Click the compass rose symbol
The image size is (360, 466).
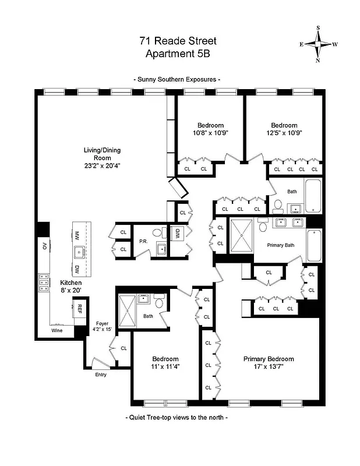click(319, 44)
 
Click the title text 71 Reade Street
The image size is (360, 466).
click(177, 41)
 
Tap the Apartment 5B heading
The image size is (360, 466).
click(177, 54)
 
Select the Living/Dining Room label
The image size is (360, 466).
click(102, 150)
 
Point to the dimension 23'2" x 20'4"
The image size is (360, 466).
click(102, 165)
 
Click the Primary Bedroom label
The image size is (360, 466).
click(269, 359)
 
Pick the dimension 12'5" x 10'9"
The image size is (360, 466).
click(284, 133)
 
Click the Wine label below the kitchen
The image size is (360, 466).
click(57, 330)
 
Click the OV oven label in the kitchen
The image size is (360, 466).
click(43, 246)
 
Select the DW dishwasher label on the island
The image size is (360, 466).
click(77, 269)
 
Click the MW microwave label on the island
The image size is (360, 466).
click(77, 235)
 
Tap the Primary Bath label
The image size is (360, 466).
click(281, 245)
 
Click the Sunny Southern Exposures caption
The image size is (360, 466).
click(177, 79)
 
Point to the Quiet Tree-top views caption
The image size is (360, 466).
click(177, 418)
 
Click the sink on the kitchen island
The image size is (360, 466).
click(79, 252)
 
